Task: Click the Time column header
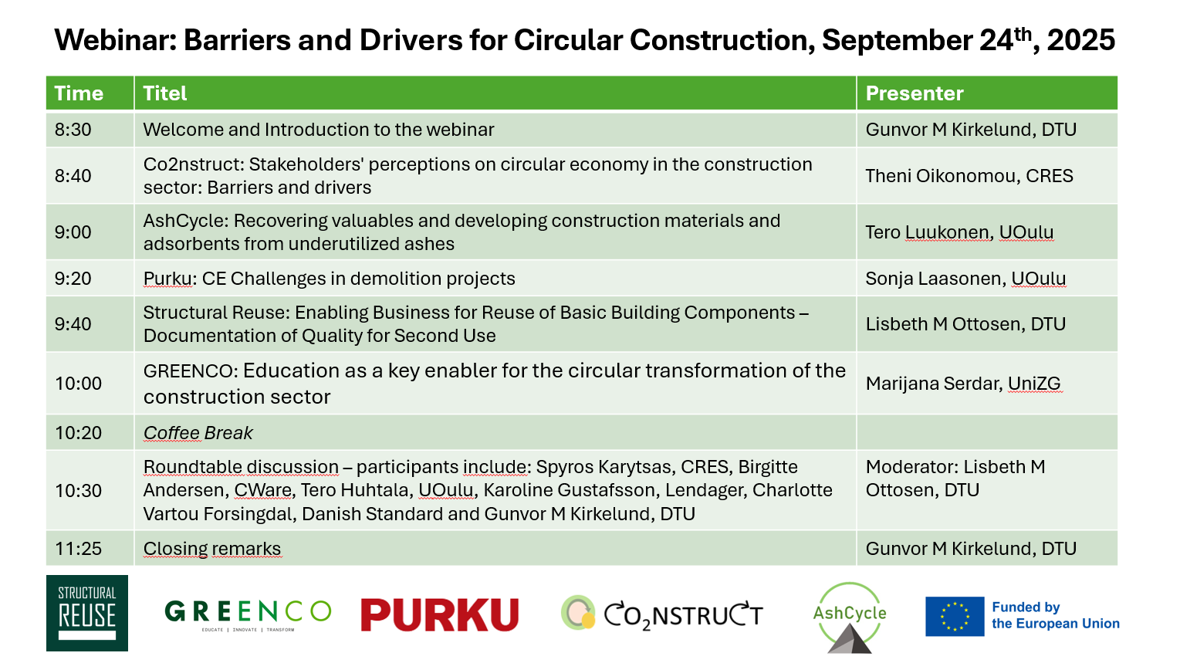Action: (x=79, y=93)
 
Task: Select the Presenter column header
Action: (x=914, y=93)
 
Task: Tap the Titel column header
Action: (x=165, y=93)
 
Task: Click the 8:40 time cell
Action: (x=73, y=175)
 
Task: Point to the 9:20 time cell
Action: (x=73, y=279)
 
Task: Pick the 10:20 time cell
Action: (x=78, y=433)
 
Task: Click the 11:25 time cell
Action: (x=78, y=549)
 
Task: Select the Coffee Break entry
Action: (x=198, y=433)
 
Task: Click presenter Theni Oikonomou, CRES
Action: (x=969, y=175)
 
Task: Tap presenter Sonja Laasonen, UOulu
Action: (x=965, y=279)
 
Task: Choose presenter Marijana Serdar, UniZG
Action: (x=963, y=383)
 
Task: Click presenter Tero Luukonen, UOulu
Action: (x=959, y=232)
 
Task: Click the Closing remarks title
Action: (x=211, y=549)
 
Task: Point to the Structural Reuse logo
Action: (x=87, y=613)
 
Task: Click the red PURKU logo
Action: (x=440, y=614)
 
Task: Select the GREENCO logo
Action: (x=248, y=614)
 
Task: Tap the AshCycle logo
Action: (x=849, y=617)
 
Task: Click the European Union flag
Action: (x=955, y=616)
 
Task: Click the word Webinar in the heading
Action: (x=115, y=40)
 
